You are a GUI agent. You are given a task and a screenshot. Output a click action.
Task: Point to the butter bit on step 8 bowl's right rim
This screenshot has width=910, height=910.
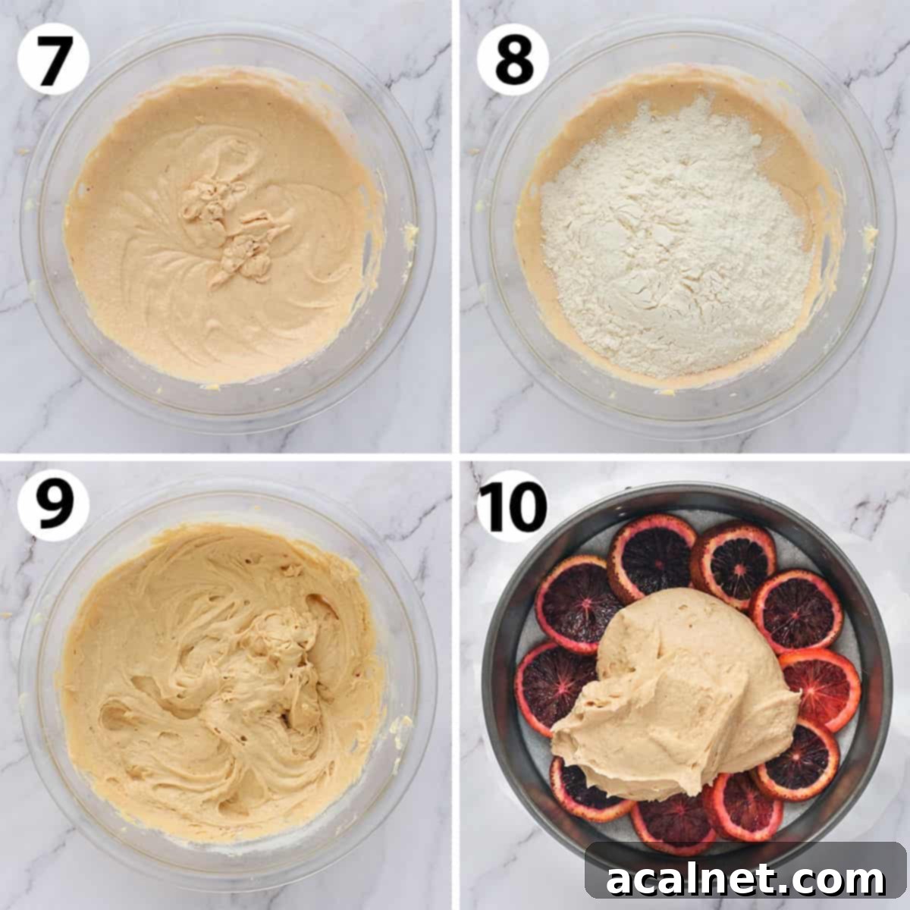point(868,235)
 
